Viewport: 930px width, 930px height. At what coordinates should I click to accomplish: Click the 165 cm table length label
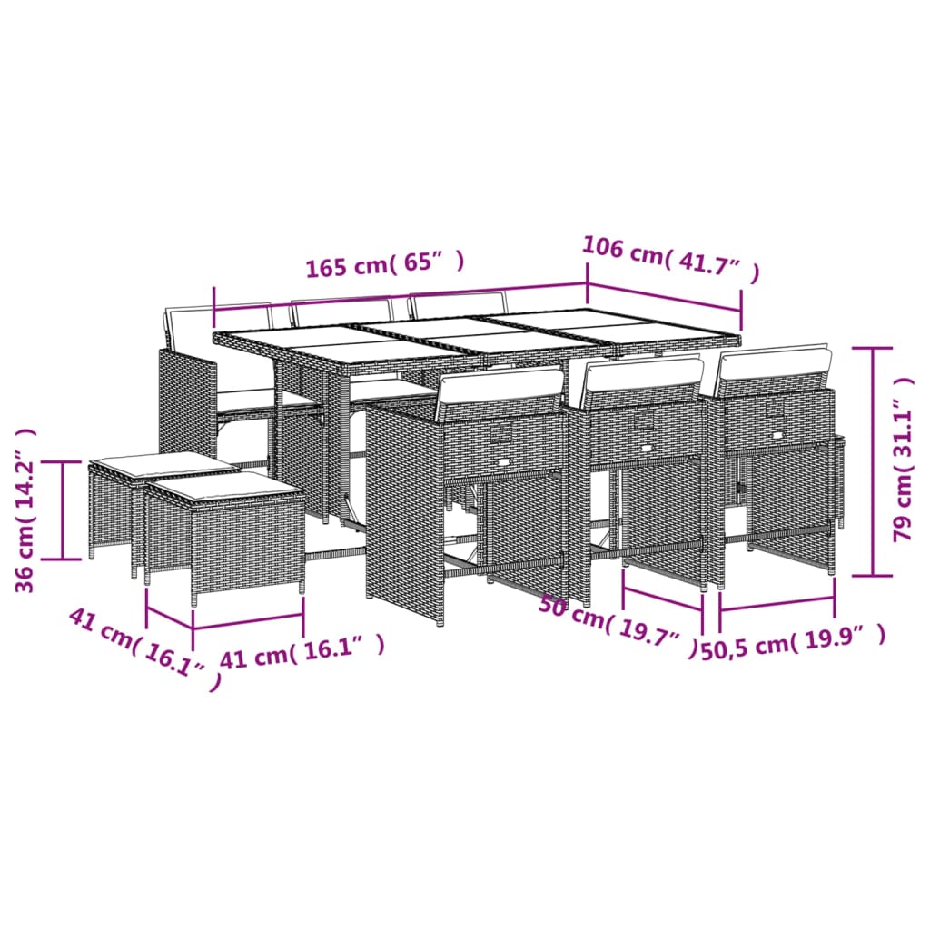tap(385, 266)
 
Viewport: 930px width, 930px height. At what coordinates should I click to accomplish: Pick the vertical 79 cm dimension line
tap(873, 461)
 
